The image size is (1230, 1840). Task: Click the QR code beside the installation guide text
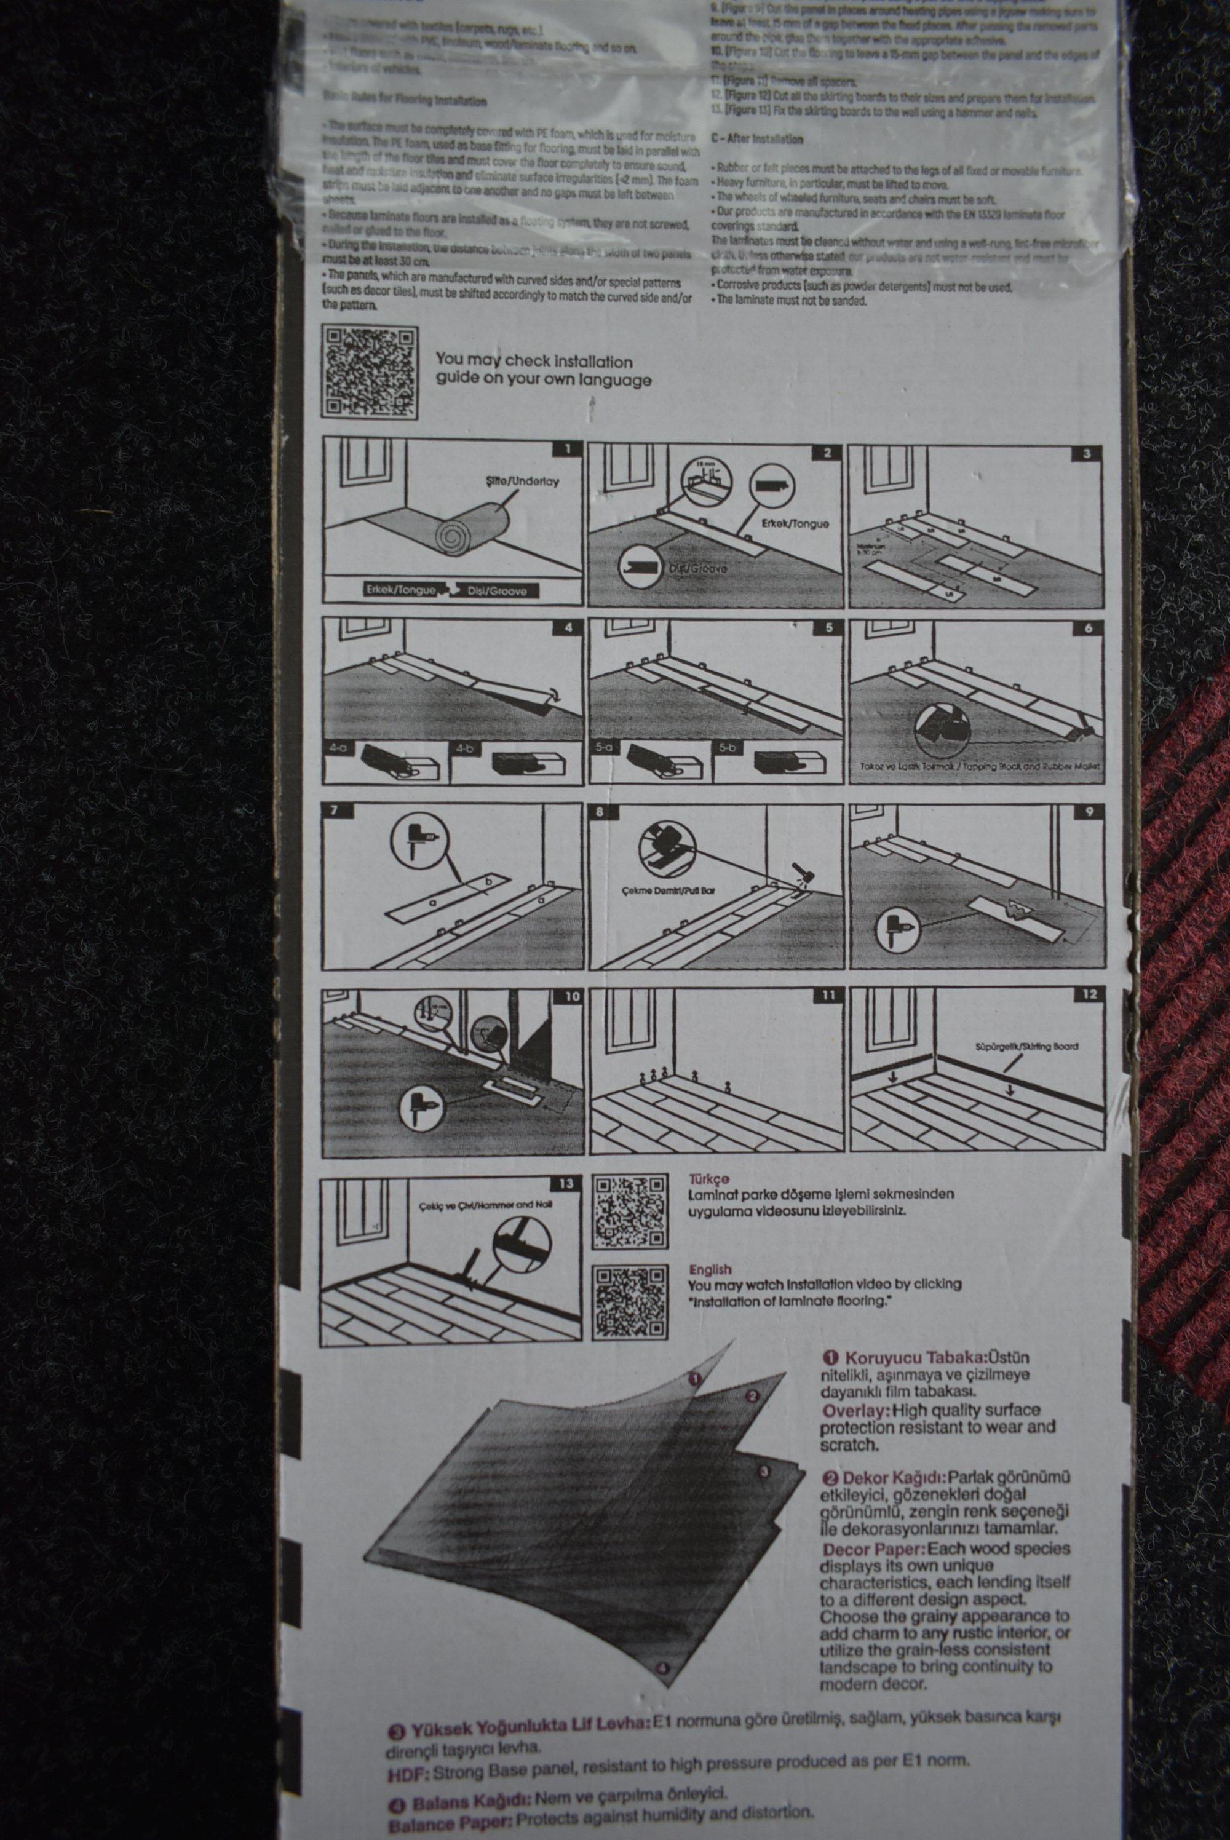click(x=370, y=372)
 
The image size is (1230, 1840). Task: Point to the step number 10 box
click(x=571, y=996)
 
